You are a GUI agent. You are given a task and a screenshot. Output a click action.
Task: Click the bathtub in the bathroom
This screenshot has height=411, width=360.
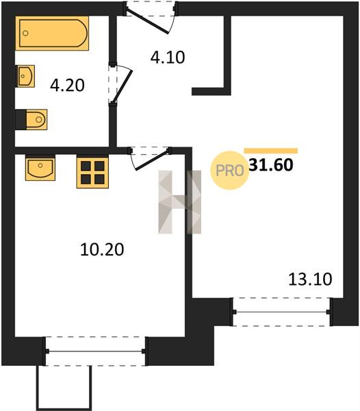coord(52,34)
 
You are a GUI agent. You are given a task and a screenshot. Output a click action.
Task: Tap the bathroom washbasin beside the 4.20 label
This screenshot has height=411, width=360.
coord(26,76)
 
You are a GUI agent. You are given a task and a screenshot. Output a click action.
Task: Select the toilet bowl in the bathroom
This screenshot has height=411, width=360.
coord(36,119)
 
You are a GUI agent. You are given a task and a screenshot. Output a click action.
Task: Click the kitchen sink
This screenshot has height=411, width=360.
coord(40,168)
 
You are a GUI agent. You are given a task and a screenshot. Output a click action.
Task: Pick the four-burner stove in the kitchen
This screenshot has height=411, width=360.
coord(92,173)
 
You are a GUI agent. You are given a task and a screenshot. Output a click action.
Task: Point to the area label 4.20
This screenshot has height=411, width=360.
coord(67,86)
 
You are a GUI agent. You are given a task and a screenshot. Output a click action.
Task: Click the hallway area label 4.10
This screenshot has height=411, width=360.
coord(168,58)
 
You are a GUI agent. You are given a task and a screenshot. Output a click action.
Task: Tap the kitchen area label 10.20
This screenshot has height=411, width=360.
coord(102,249)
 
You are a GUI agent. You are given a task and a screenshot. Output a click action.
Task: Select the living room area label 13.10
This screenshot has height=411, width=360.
coord(310,279)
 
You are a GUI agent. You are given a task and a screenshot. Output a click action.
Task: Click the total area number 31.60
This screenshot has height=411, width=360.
coord(271,165)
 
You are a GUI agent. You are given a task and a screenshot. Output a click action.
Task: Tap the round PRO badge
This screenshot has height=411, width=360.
coord(229,171)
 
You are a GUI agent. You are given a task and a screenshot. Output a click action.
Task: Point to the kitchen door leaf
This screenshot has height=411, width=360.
coord(152,160)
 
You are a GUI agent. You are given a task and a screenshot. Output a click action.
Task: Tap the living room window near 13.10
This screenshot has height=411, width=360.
coord(282,312)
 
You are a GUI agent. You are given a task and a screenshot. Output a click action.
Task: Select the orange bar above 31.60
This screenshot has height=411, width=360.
coord(271,151)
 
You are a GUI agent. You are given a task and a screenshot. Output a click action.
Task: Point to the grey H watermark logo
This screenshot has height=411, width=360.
coord(180,202)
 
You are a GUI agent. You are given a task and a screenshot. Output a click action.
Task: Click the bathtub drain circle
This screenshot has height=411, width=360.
coord(25,34)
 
